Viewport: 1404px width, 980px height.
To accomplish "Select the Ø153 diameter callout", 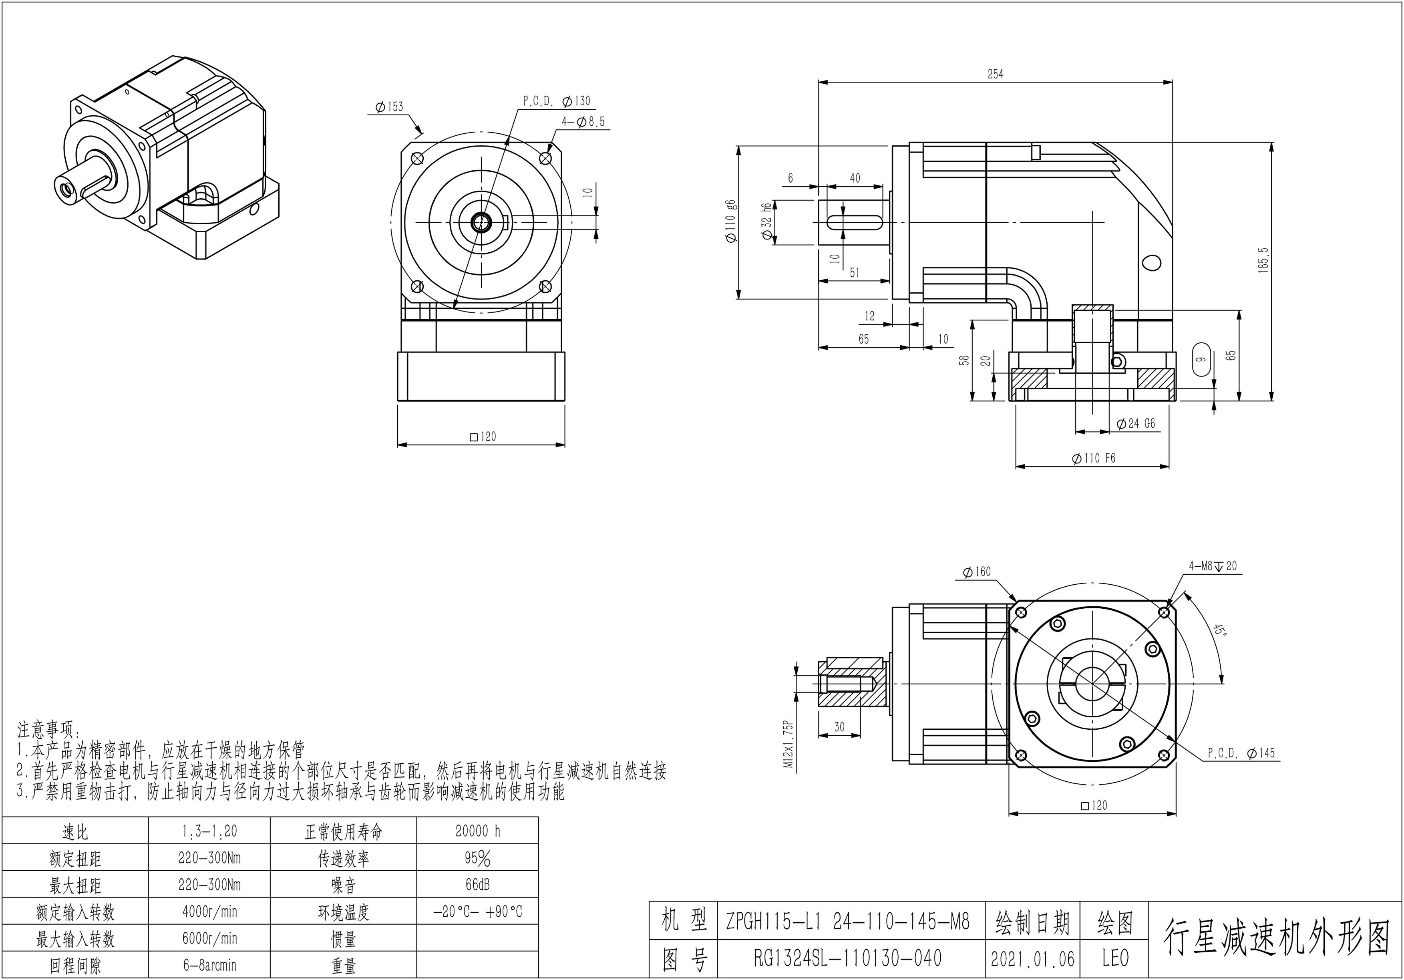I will coord(390,107).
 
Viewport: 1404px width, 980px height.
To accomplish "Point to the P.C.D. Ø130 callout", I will coord(557,101).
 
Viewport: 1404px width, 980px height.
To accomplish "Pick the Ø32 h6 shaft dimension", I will coord(766,222).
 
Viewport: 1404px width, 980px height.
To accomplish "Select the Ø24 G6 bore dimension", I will coord(1136,423).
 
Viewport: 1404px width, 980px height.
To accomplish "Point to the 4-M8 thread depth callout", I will coord(1212,566).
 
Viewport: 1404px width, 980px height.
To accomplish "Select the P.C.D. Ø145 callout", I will coord(1241,753).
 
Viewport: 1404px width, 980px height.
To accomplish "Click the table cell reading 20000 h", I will coord(478,831).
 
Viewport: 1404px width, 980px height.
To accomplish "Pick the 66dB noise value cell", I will coord(478,885).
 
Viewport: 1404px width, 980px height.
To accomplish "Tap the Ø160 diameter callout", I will coord(977,572).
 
